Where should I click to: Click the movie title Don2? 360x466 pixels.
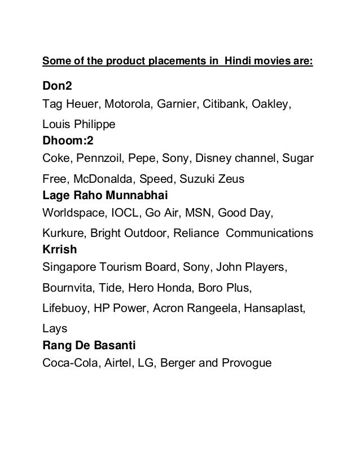(x=58, y=88)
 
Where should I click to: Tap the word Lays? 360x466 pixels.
(x=54, y=327)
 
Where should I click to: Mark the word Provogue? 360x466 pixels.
(x=247, y=363)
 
